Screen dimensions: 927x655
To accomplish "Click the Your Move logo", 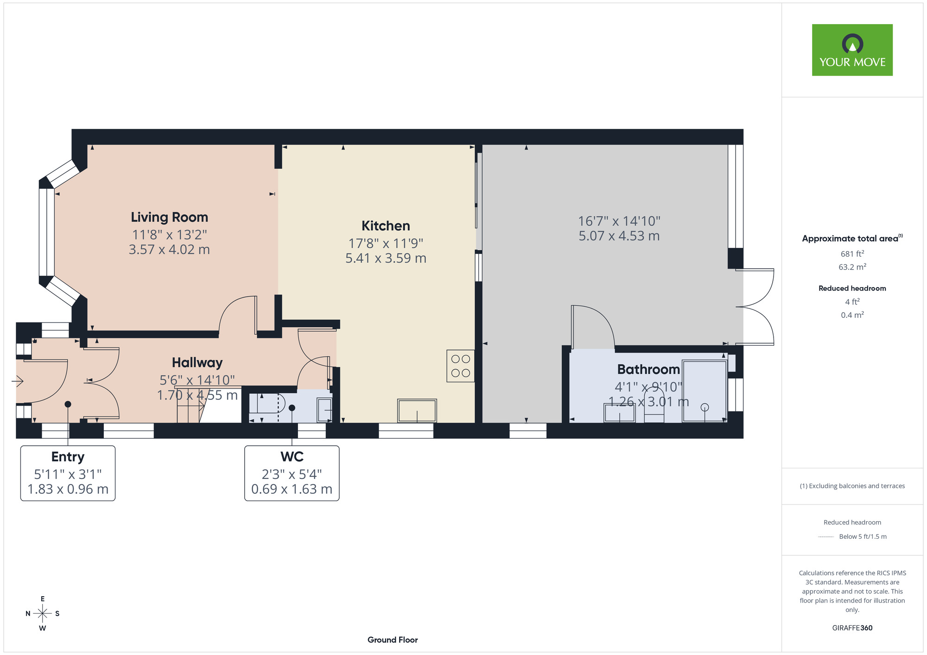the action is [852, 50].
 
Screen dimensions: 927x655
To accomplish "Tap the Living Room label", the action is [169, 217].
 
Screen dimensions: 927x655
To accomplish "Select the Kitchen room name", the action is [386, 226].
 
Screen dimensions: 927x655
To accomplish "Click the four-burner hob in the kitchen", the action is [461, 366].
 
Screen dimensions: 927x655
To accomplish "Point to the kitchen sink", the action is [417, 411].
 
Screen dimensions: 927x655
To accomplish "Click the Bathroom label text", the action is [648, 370].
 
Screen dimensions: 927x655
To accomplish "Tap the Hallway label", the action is [197, 363].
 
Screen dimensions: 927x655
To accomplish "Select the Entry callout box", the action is [68, 473].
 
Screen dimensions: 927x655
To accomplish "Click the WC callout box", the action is [292, 473].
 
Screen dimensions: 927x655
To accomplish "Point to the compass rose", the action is [42, 614].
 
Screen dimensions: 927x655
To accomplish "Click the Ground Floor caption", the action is [393, 640].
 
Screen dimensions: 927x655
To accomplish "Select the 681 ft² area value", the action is [852, 253].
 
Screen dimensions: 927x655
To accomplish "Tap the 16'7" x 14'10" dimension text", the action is [619, 221].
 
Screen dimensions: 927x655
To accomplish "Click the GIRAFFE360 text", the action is [852, 628].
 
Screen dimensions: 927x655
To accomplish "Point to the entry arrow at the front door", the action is [18, 381].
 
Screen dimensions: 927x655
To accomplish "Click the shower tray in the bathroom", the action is [704, 391].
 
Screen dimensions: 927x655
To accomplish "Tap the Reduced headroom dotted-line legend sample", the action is [826, 537].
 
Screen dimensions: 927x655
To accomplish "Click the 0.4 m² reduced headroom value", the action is [852, 315].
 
